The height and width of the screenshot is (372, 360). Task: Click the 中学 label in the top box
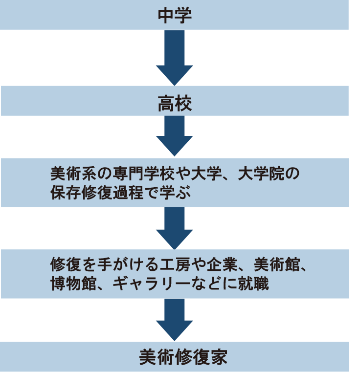point(175,14)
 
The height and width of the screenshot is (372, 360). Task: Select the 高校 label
point(175,103)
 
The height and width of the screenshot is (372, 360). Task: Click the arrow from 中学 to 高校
point(175,58)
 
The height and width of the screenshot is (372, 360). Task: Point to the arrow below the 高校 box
point(175,137)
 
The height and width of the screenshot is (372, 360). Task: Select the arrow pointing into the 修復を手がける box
point(175,228)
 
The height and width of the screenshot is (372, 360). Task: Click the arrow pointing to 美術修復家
point(175,320)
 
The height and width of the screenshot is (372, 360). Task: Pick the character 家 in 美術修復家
point(219,357)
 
